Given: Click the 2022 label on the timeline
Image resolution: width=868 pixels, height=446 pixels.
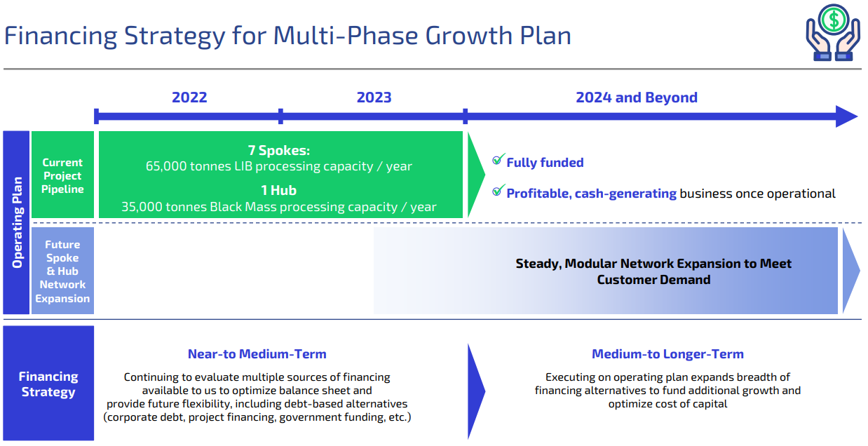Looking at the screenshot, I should [189, 97].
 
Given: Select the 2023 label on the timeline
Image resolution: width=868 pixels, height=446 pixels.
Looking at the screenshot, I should [374, 97].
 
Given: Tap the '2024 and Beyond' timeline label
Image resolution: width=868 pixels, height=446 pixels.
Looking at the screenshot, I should [637, 97].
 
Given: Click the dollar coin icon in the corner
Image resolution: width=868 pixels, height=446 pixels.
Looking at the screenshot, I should [833, 19].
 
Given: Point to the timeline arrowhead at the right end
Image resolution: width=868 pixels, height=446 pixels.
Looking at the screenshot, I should [847, 116].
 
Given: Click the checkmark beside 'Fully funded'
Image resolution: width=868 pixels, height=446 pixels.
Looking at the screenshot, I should [499, 161].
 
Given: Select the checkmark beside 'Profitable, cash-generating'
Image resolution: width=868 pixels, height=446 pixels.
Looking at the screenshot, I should [499, 191].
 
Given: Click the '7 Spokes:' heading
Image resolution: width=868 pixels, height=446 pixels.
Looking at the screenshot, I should [278, 151].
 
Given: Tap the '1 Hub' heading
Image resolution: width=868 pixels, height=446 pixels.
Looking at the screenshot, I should [278, 190].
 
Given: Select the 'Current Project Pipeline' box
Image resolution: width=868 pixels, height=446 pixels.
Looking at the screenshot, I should [62, 175].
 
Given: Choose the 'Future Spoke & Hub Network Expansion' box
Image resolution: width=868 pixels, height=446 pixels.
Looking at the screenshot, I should [62, 271].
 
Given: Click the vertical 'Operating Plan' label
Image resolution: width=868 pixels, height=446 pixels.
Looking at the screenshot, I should [16, 222].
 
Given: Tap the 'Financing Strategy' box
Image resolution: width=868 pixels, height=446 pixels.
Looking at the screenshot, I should [48, 384].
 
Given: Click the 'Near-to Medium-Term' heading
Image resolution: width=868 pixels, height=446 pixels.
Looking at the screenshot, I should [257, 354].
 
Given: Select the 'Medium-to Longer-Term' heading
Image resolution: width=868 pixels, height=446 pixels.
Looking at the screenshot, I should [667, 354].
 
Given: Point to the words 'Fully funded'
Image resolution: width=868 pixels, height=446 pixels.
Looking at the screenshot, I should [545, 163].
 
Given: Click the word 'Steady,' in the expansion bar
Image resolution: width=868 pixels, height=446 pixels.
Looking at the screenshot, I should [538, 264].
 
